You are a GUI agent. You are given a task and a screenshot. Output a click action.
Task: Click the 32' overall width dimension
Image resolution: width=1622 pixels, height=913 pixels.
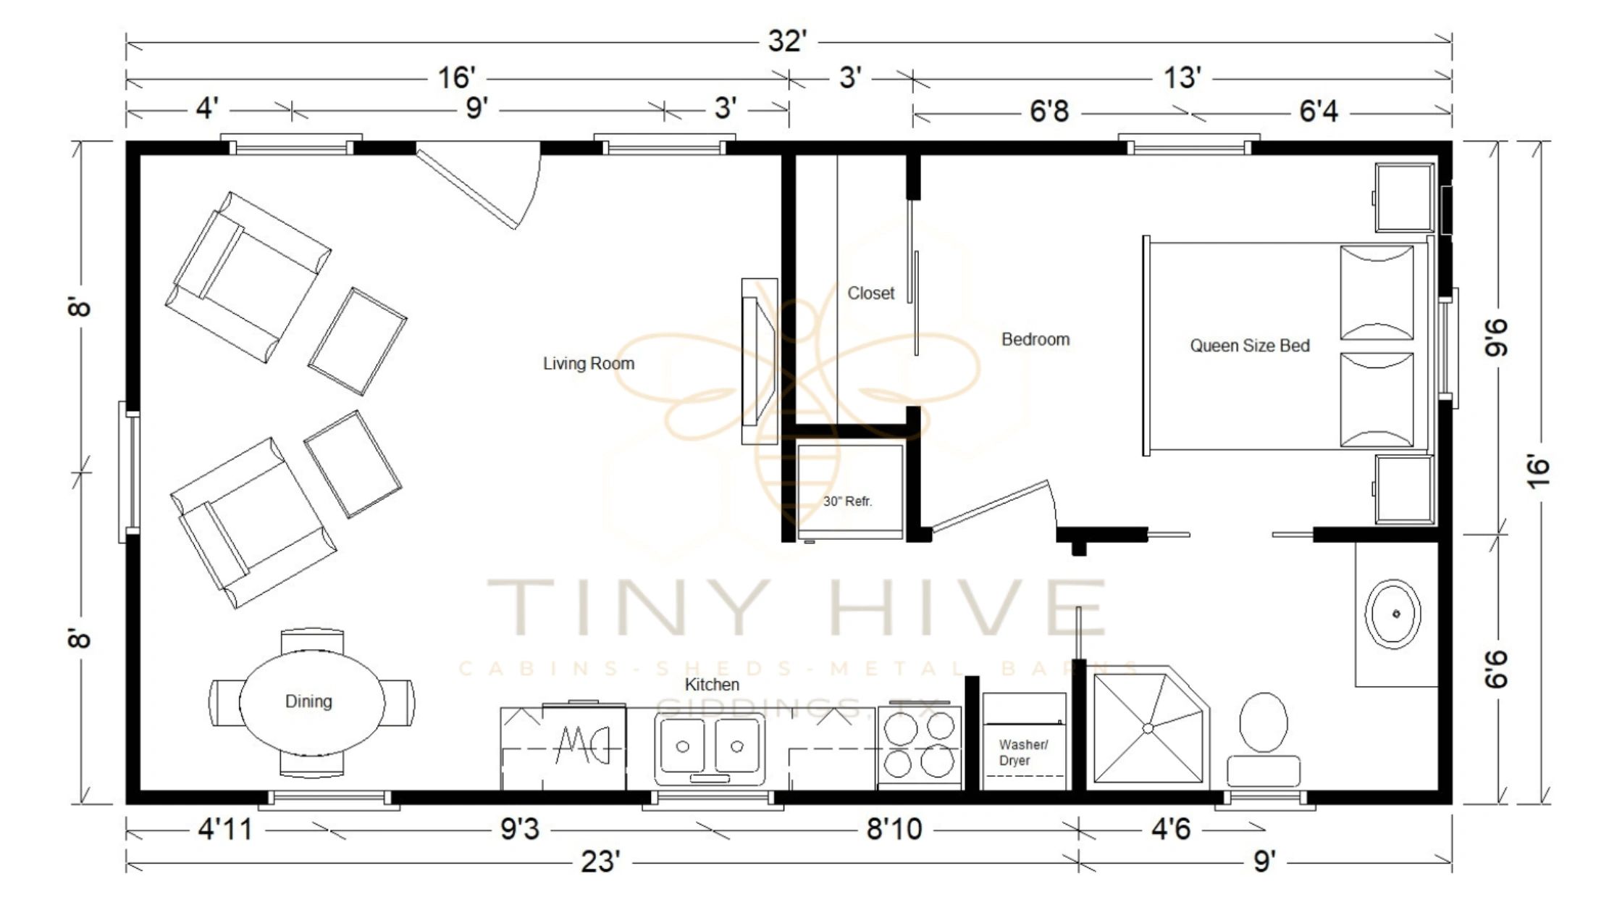[x=787, y=41]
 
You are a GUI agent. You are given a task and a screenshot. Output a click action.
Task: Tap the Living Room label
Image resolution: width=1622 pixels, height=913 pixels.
[x=589, y=364]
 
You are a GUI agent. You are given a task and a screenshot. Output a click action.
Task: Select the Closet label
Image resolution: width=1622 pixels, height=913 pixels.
[x=870, y=293]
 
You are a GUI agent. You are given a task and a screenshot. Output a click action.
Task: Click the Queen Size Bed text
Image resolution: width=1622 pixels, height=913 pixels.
[x=1250, y=346]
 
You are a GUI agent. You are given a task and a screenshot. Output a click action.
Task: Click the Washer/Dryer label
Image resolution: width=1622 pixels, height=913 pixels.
[x=1022, y=752]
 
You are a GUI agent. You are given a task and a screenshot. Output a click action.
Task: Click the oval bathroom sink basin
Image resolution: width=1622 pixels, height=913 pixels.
[x=1392, y=614]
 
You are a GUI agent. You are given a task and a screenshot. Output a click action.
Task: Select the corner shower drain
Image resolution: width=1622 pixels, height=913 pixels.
[x=1147, y=728]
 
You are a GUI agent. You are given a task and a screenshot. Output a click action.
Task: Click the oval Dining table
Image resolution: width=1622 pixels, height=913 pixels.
[x=311, y=701]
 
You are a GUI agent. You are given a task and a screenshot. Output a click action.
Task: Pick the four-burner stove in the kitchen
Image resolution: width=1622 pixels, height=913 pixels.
[x=919, y=746]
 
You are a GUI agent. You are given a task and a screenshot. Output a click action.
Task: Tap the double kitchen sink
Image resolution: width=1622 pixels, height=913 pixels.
[x=710, y=747]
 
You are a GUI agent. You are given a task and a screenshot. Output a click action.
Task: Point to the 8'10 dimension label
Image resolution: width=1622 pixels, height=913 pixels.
[x=894, y=829]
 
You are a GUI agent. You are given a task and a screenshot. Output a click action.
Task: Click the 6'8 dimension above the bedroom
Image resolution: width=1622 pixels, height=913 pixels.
[x=1049, y=112]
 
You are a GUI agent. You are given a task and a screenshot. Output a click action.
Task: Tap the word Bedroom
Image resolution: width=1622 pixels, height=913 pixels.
[x=1035, y=340]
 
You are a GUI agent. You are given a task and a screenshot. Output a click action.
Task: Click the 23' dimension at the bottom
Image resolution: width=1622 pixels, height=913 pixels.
[x=600, y=862]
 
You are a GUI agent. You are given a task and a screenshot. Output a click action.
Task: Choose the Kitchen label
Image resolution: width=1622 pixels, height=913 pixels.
[x=712, y=685]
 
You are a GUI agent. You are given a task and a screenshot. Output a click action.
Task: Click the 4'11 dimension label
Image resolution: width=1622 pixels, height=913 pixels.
[x=225, y=829]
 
